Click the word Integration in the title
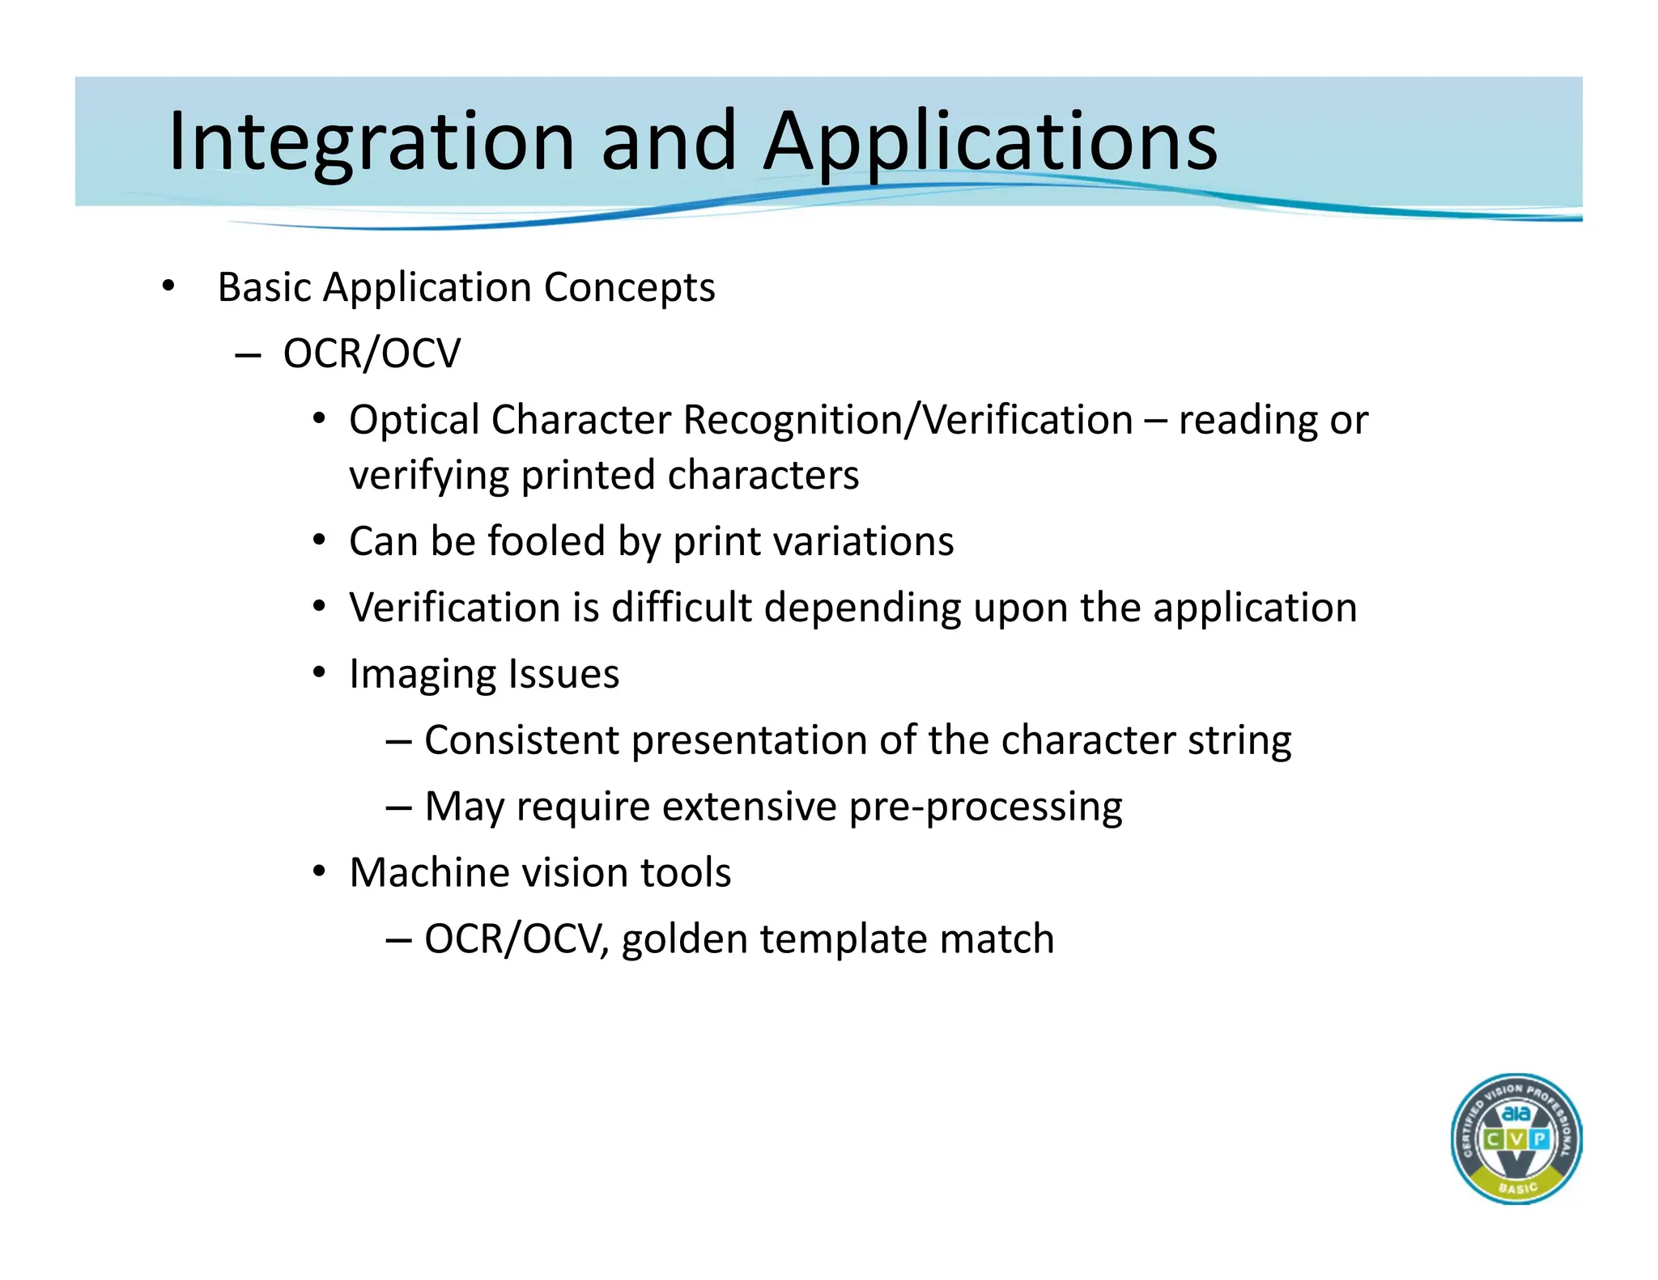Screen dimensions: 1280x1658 tap(370, 142)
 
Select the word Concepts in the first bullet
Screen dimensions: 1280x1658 tap(629, 288)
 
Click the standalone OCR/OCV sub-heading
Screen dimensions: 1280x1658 tap(372, 354)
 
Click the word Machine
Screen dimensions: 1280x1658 tap(430, 873)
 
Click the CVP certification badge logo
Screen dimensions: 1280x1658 tap(1516, 1139)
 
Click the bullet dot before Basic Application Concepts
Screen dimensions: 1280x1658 tap(168, 286)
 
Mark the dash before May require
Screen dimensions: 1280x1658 tap(398, 807)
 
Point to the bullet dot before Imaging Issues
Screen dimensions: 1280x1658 tap(320, 672)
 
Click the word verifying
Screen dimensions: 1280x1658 tap(429, 476)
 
